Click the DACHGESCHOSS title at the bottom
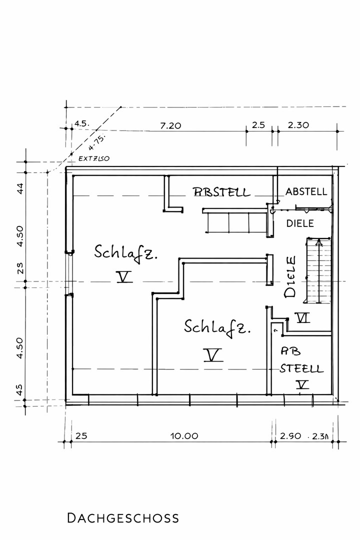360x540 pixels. pyautogui.click(x=122, y=517)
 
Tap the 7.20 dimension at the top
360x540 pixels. pyautogui.click(x=170, y=125)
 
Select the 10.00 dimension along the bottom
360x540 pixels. pyautogui.click(x=184, y=435)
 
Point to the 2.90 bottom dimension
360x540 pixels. pyautogui.click(x=290, y=435)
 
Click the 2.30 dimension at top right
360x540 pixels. pyautogui.click(x=298, y=125)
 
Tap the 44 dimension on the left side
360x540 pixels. pyautogui.click(x=20, y=189)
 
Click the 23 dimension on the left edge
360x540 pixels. pyautogui.click(x=20, y=269)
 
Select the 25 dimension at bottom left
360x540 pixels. pyautogui.click(x=81, y=435)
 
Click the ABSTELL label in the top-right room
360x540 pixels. pyautogui.click(x=306, y=191)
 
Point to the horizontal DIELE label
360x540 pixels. pyautogui.click(x=300, y=223)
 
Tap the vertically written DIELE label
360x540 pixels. pyautogui.click(x=290, y=277)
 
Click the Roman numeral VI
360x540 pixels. pyautogui.click(x=302, y=317)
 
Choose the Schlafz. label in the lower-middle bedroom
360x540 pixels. pyautogui.click(x=217, y=327)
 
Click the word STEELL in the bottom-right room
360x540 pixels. pyautogui.click(x=301, y=369)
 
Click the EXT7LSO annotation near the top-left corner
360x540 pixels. pyautogui.click(x=94, y=158)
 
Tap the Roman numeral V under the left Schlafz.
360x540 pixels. pyautogui.click(x=123, y=276)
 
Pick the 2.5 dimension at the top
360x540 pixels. pyautogui.click(x=258, y=125)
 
